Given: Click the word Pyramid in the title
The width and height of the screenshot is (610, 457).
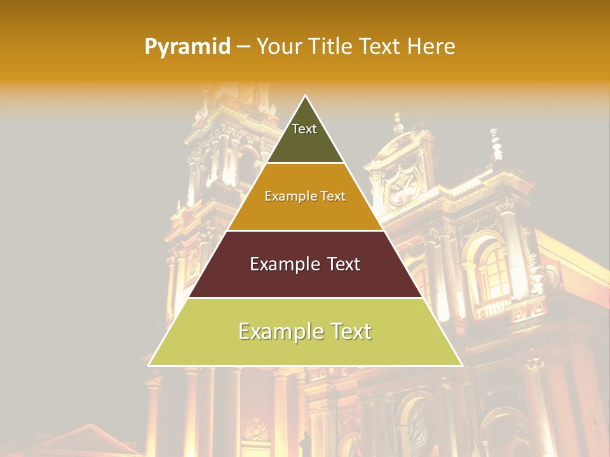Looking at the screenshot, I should [x=187, y=46].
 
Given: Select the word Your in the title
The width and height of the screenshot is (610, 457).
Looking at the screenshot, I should [x=278, y=46].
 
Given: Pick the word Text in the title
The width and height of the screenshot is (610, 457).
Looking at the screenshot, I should [x=381, y=46].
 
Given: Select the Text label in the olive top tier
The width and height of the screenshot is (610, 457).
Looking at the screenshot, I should [x=304, y=129].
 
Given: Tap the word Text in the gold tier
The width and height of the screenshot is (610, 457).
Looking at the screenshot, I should [x=334, y=196].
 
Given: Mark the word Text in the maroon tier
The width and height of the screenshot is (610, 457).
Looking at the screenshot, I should [x=344, y=264].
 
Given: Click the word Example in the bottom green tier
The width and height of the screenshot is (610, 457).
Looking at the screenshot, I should [x=279, y=331].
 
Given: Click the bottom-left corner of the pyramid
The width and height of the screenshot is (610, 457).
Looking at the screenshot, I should [x=149, y=365].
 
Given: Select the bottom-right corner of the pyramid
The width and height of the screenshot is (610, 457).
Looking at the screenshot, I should [x=462, y=365].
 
